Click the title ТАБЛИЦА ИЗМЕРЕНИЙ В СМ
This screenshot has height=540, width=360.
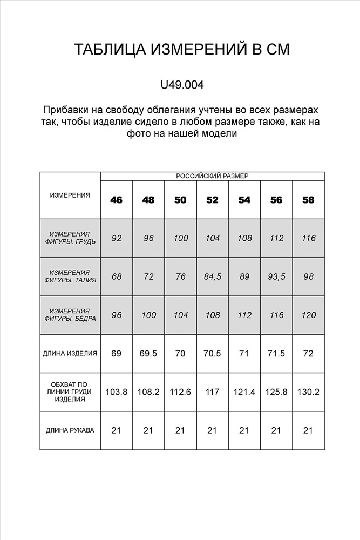pyautogui.click(x=182, y=50)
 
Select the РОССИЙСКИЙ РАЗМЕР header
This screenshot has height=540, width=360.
pyautogui.click(x=212, y=176)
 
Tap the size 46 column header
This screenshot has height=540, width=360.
pyautogui.click(x=116, y=200)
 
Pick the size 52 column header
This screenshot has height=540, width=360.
pyautogui.click(x=212, y=200)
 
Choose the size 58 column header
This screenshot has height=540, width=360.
pyautogui.click(x=308, y=200)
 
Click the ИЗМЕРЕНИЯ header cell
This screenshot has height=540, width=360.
pyautogui.click(x=70, y=195)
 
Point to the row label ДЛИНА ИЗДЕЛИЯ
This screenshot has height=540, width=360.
pyautogui.click(x=70, y=354)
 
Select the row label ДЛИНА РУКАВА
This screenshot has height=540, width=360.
pyautogui.click(x=70, y=430)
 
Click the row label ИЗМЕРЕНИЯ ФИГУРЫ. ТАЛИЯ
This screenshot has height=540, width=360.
pyautogui.click(x=70, y=276)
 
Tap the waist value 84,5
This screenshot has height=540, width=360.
pyautogui.click(x=212, y=276)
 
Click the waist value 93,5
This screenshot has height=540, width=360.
pyautogui.click(x=276, y=276)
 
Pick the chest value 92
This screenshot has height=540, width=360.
pyautogui.click(x=116, y=238)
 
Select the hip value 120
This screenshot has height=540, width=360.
pyautogui.click(x=308, y=315)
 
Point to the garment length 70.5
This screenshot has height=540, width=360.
pyautogui.click(x=212, y=354)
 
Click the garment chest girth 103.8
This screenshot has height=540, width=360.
pyautogui.click(x=116, y=392)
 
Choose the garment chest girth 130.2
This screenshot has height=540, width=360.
pyautogui.click(x=308, y=392)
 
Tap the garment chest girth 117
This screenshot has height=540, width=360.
pyautogui.click(x=212, y=392)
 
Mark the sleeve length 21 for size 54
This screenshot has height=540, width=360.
pyautogui.click(x=244, y=430)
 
